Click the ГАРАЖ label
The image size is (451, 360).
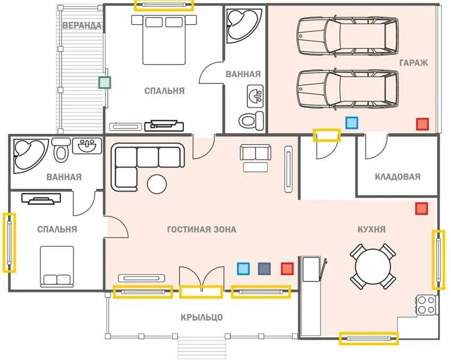pos(413,63)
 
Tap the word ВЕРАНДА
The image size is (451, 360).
pos(82,25)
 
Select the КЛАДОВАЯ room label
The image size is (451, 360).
pos(397,177)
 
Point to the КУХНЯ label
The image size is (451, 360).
pos(371,229)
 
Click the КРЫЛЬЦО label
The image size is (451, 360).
pos(202,317)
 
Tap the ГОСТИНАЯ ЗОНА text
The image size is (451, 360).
pos(202,229)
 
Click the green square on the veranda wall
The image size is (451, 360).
pos(105,83)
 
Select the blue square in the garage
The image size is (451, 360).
pos(351,123)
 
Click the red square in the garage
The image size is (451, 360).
pos(422,124)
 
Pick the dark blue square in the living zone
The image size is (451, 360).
pos(264,269)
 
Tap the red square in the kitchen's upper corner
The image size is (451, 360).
pos(421,209)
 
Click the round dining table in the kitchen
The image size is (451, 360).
pos(373,266)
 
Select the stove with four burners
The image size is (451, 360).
pos(426,305)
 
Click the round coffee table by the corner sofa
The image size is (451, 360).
pos(157,184)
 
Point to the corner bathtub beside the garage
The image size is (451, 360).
pos(244,25)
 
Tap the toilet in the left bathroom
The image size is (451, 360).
pos(60,150)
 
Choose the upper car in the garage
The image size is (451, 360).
pos(348,36)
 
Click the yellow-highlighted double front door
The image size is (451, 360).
pos(201,292)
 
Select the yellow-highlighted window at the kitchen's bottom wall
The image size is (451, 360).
pos(369,338)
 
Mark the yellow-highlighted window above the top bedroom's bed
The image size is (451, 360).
pos(164,5)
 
